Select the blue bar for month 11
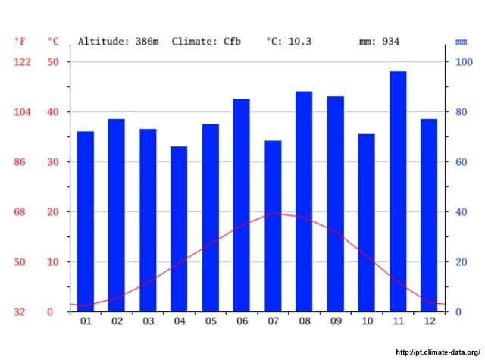click(398, 191)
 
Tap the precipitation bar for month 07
click(273, 226)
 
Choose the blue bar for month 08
click(304, 201)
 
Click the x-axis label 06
click(242, 321)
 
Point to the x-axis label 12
click(429, 321)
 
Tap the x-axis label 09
click(335, 321)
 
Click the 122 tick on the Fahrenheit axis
click(23, 62)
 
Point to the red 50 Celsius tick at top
click(53, 62)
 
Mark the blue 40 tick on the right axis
click(461, 212)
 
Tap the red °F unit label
click(20, 42)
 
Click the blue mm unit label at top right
click(462, 42)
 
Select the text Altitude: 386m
click(118, 42)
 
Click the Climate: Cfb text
click(206, 42)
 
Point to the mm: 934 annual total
click(379, 42)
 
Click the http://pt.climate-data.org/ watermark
click(438, 352)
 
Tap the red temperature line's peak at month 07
click(274, 213)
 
